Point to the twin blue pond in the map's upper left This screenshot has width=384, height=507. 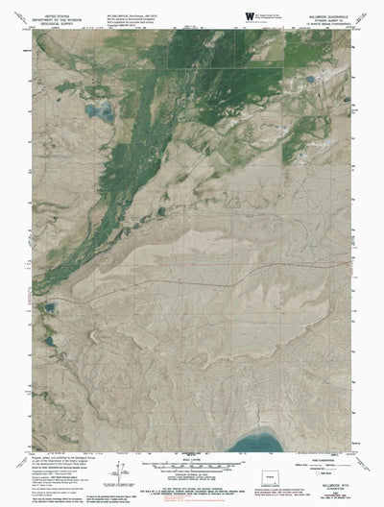99,114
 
